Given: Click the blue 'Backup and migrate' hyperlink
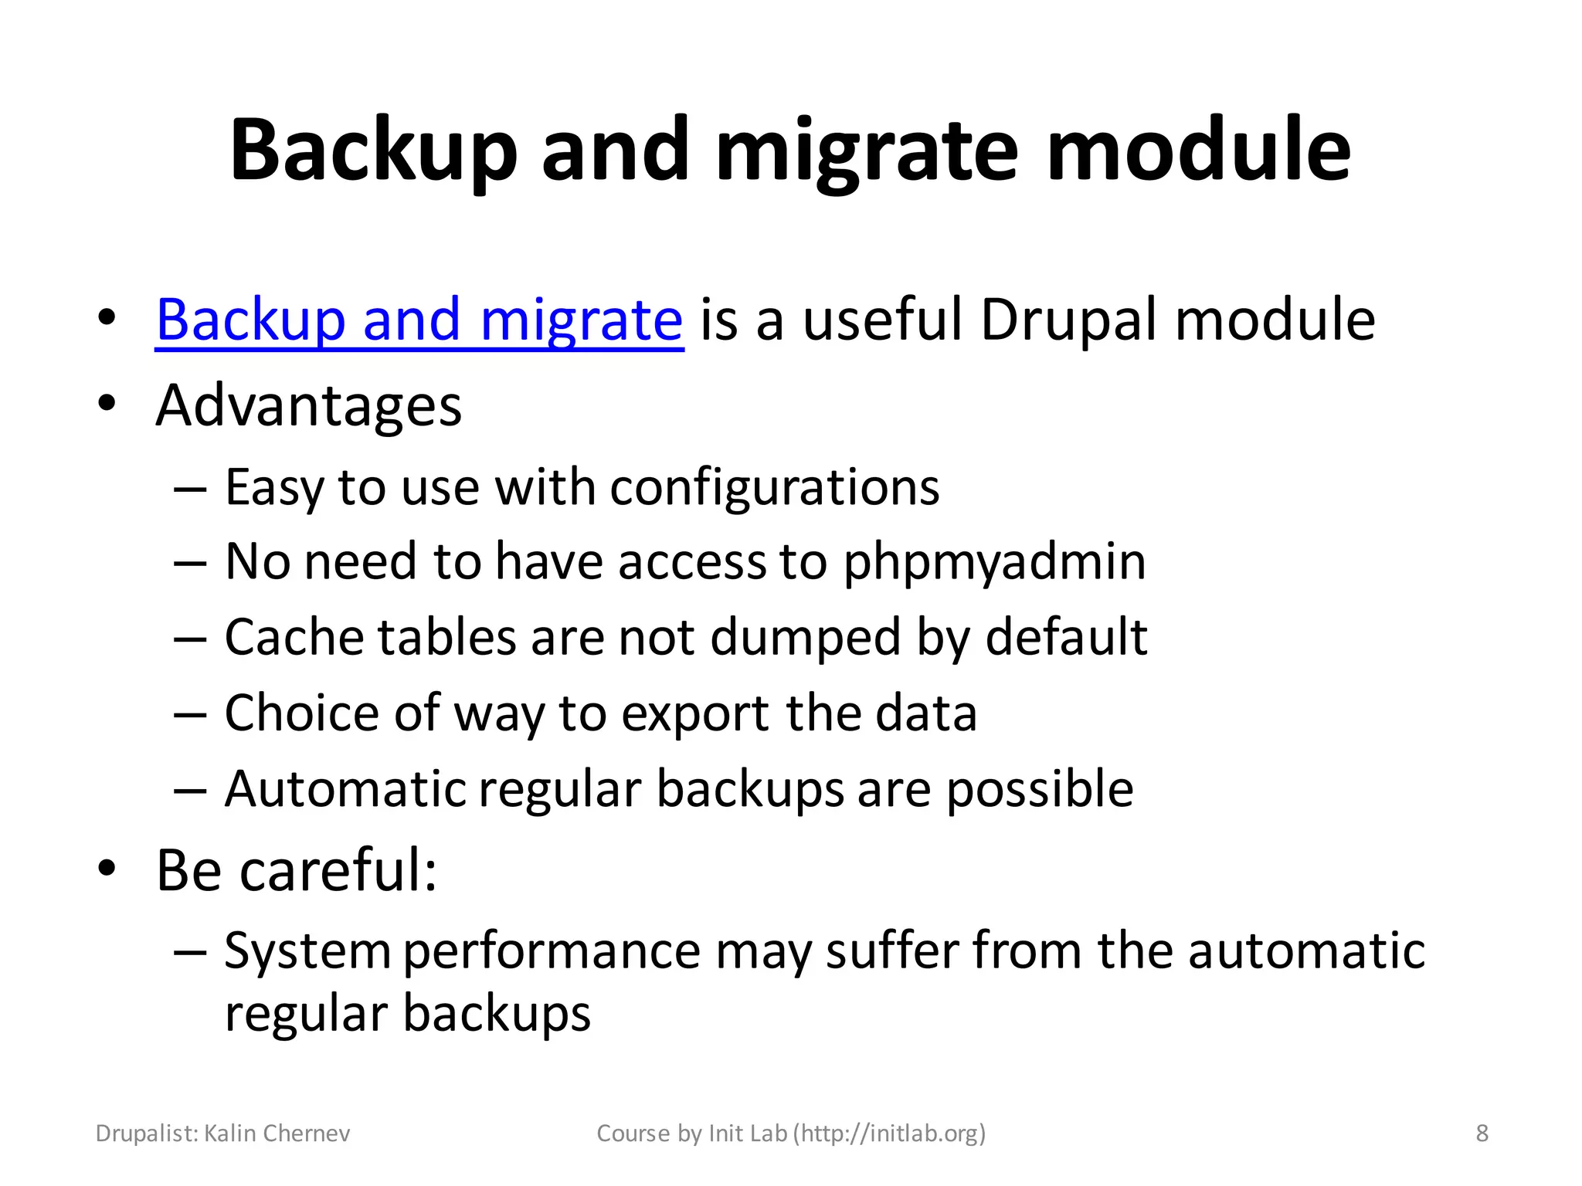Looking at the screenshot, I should (419, 320).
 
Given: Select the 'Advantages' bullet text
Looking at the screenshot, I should (308, 406).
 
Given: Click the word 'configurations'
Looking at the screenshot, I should (775, 488).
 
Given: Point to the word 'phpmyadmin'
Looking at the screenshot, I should (994, 561).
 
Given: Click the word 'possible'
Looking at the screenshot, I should (1040, 789).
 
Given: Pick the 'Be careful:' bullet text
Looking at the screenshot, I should (297, 870).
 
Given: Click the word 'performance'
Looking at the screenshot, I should (552, 950).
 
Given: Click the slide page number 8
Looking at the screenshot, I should (1482, 1133).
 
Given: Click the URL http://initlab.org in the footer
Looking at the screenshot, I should (889, 1133).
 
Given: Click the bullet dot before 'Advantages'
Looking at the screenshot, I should (107, 403).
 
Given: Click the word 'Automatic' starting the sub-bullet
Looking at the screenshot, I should (345, 789).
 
